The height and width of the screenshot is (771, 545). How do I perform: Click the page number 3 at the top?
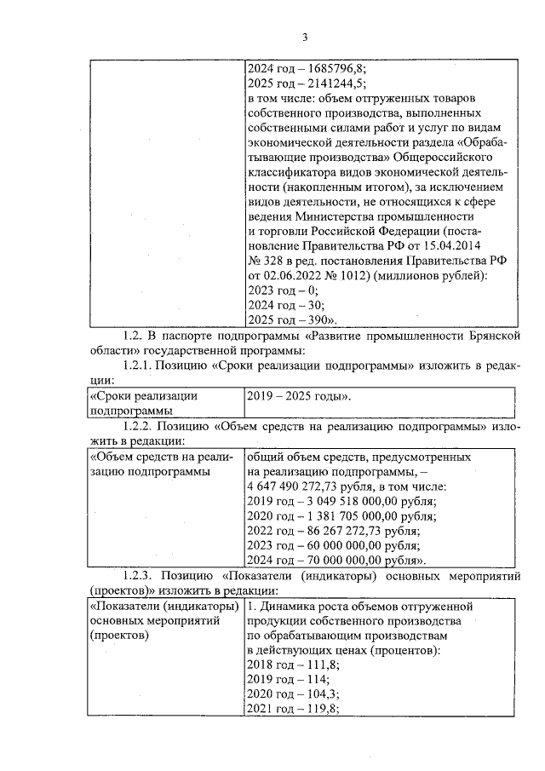[x=303, y=37]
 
